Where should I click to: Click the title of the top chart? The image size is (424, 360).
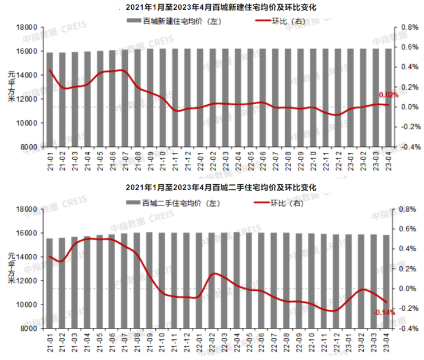click(220, 7)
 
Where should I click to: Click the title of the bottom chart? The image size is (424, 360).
click(220, 188)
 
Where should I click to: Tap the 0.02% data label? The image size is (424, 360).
click(388, 95)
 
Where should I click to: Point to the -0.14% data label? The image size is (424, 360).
click(384, 312)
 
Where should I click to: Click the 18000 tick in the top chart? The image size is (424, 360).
click(28, 27)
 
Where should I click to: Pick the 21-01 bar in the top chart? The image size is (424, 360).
click(50, 100)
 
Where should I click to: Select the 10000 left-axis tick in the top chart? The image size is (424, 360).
click(28, 123)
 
